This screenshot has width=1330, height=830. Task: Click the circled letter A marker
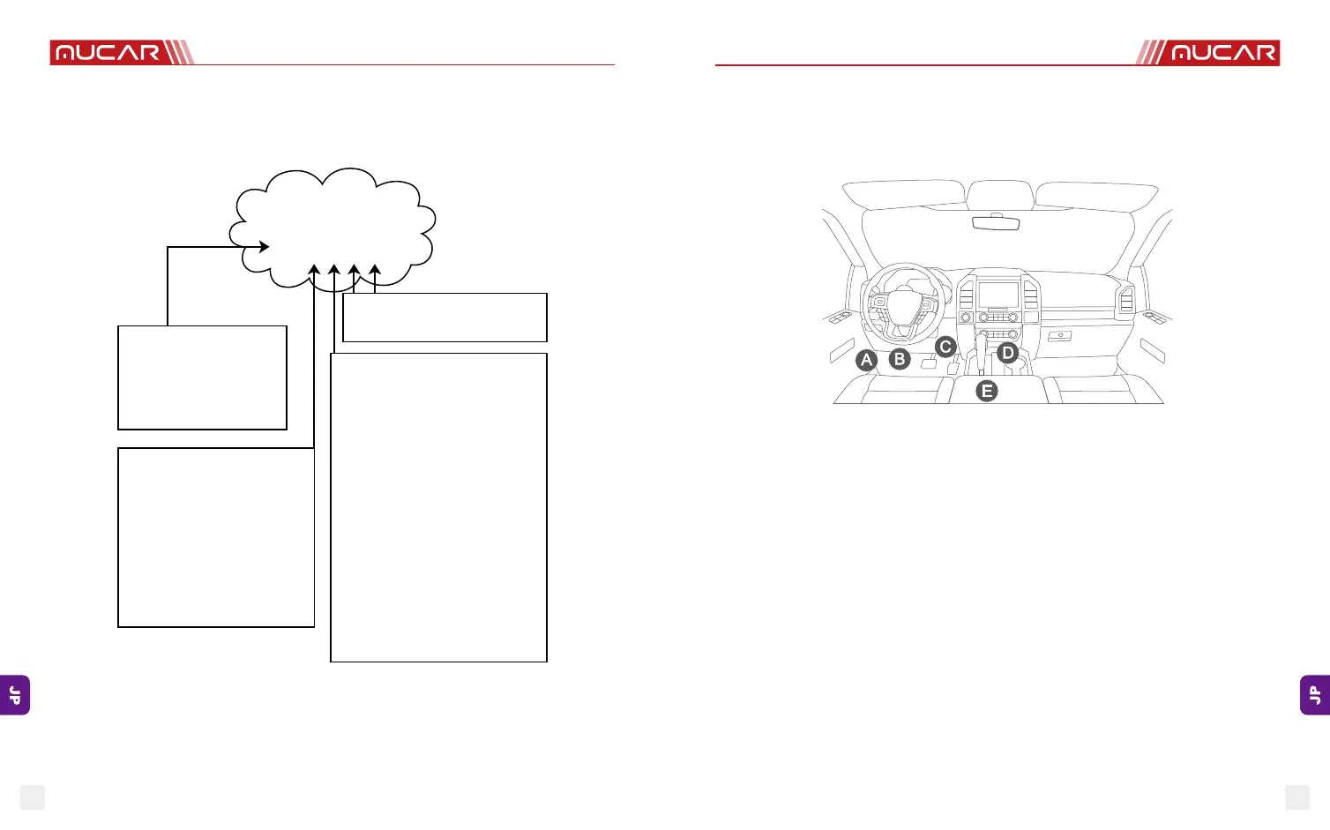867,360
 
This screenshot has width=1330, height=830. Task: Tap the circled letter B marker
900,359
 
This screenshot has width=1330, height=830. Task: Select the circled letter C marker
945,347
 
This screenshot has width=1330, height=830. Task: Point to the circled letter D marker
1007,354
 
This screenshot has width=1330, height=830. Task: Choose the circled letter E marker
987,391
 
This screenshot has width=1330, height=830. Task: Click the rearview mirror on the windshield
996,222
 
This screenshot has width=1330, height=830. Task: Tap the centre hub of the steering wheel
904,305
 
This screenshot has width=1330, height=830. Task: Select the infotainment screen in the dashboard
998,295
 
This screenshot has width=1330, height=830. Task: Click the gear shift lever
981,347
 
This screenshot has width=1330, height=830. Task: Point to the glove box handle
1060,336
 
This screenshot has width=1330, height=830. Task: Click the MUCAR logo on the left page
108,53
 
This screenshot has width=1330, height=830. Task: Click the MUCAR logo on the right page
1223,53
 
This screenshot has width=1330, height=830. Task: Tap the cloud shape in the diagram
332,227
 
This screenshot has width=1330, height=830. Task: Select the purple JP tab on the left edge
15,695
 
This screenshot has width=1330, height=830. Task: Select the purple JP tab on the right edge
1315,695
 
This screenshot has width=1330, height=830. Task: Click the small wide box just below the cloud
445,318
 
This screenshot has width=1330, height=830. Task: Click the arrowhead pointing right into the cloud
263,247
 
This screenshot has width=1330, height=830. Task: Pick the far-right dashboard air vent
1126,299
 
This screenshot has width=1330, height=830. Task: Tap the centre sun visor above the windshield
1000,194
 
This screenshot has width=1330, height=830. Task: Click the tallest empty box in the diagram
438,507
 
